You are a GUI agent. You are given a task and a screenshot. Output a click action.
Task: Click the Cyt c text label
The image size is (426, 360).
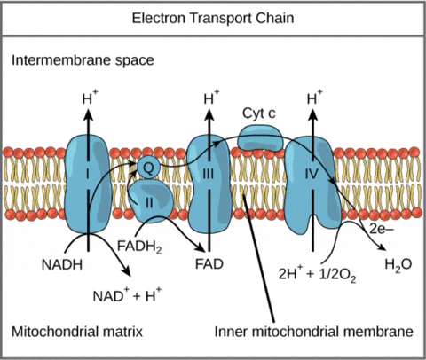tap(258, 114)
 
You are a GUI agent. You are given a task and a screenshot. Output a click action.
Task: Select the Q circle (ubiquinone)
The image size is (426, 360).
tap(148, 164)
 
